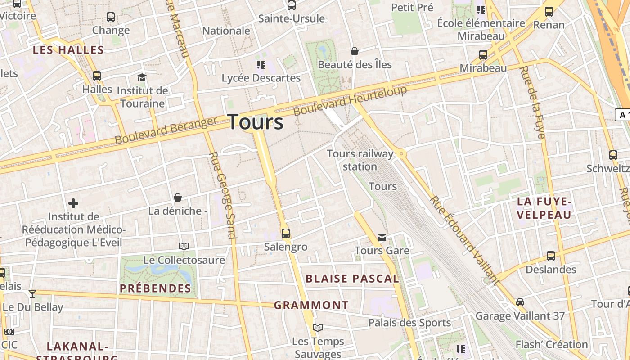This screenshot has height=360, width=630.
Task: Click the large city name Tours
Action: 256,122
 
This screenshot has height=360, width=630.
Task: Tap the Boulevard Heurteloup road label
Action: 350,100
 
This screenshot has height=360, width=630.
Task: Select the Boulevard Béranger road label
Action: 166,130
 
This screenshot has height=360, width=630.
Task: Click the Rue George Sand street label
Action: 223,195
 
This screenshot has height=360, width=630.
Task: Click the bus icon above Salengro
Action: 286,233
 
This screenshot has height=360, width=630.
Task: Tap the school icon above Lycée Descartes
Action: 261,65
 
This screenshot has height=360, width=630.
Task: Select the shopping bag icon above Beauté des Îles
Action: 355,51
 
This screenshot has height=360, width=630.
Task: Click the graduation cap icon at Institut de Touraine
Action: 142,77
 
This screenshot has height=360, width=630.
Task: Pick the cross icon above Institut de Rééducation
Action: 73,203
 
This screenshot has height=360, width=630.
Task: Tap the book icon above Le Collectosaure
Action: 184,246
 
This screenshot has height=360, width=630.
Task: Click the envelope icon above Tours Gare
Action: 382,237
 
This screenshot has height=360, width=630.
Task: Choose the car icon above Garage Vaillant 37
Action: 520,302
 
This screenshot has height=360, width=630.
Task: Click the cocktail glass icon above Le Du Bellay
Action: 32,294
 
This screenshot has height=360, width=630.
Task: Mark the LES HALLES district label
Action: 68,50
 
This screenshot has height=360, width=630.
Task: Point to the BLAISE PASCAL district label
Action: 352,279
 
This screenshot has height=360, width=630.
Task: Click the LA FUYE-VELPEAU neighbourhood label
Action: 544,208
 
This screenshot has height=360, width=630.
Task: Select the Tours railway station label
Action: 360,160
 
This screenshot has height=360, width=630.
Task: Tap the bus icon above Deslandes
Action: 551,256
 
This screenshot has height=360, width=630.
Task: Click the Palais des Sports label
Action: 409,323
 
